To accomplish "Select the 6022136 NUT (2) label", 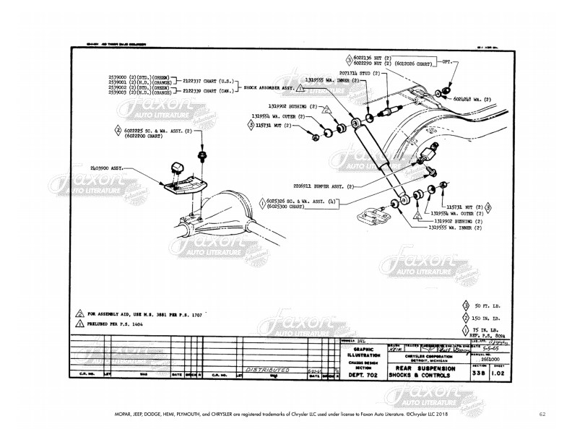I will coord(376,57).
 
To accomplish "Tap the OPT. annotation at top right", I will coord(446,63).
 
